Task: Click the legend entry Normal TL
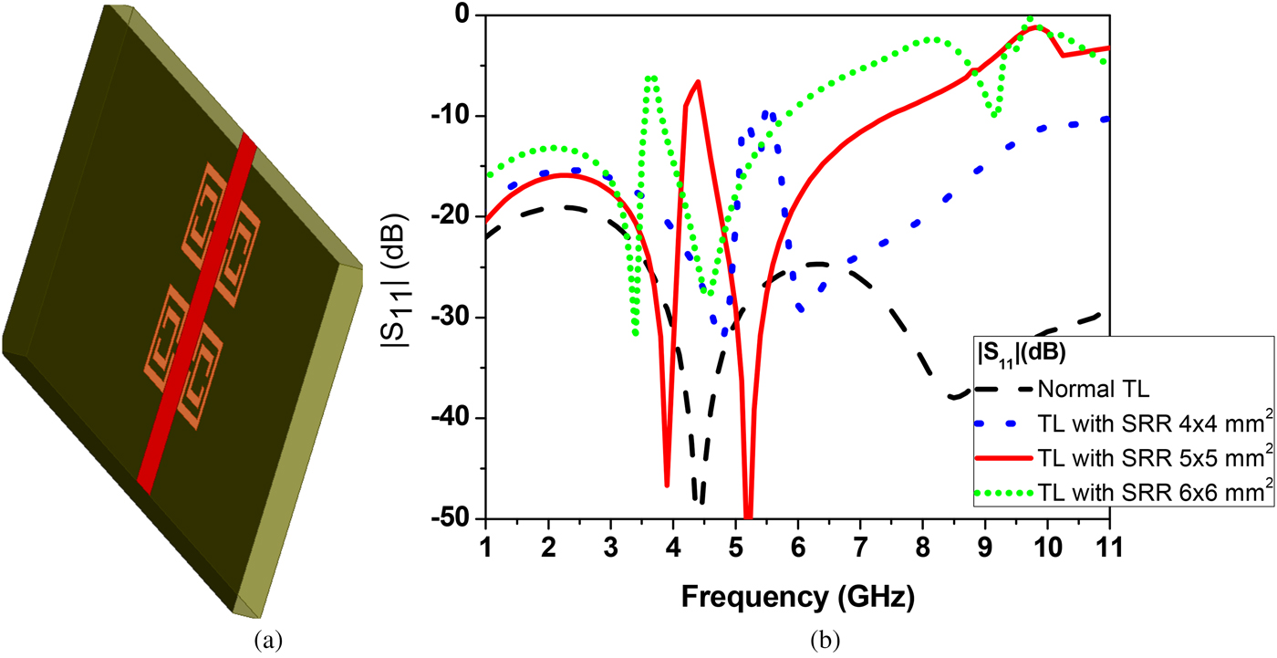[x=1093, y=389]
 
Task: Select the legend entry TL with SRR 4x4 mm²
[x=1155, y=423]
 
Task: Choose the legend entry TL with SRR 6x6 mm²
[x=1155, y=492]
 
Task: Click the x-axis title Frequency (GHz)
[x=797, y=597]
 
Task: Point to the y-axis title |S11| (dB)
[x=394, y=280]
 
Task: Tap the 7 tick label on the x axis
[x=859, y=548]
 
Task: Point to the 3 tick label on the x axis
[x=610, y=548]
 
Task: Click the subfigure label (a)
[x=268, y=640]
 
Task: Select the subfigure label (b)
[x=825, y=640]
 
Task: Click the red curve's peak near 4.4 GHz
[x=699, y=81]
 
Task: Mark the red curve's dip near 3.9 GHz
[x=667, y=485]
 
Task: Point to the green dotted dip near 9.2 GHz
[x=994, y=115]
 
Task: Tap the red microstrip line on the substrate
[x=197, y=313]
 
